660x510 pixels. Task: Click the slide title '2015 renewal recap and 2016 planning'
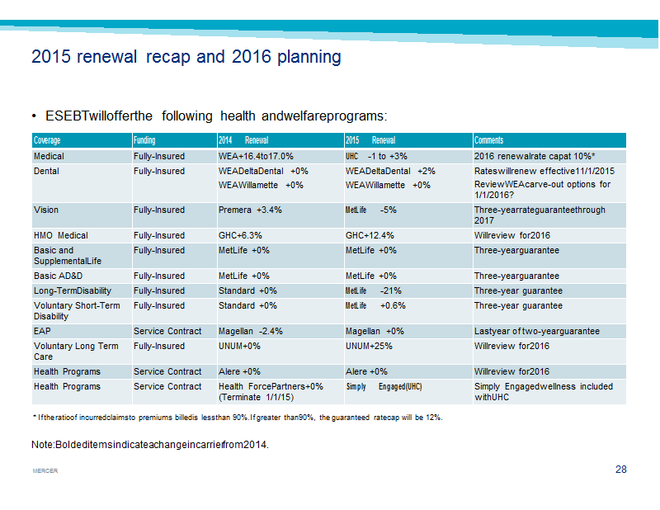click(x=186, y=57)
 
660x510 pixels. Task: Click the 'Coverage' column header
click(x=47, y=140)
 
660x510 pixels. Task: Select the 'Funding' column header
click(x=144, y=140)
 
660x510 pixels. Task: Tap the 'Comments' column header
click(x=488, y=140)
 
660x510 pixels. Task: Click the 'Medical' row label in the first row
click(x=49, y=156)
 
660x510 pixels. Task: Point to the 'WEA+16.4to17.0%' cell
click(x=256, y=156)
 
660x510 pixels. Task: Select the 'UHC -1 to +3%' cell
click(x=376, y=156)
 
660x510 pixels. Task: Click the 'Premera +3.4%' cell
click(x=250, y=210)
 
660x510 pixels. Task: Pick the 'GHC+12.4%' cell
click(x=370, y=235)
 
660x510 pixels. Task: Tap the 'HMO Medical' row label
click(x=61, y=235)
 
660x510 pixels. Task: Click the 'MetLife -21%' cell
click(x=374, y=291)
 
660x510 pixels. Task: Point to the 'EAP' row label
click(x=42, y=332)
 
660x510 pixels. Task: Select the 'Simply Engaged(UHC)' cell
click(x=384, y=386)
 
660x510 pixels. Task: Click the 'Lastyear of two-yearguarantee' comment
click(x=537, y=332)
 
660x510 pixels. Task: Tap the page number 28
click(x=621, y=470)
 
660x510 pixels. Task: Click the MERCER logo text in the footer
click(x=45, y=471)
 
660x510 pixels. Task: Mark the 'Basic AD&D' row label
click(x=58, y=276)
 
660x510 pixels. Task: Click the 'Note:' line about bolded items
click(x=150, y=445)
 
